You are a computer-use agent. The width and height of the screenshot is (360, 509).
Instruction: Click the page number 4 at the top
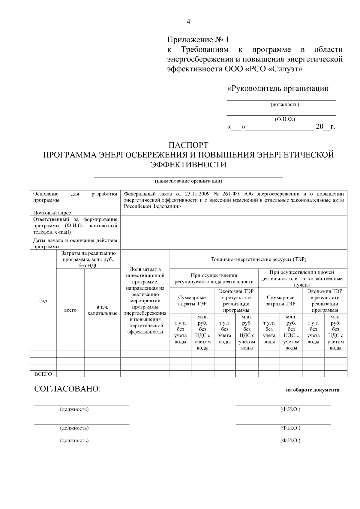tap(188, 22)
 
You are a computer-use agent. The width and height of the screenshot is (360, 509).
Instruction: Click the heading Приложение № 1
tap(198, 40)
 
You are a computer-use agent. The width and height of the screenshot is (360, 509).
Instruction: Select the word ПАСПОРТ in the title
tap(188, 145)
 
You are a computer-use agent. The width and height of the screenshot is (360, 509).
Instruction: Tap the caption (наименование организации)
tap(188, 181)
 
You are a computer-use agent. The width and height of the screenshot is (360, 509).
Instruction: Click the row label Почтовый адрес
tap(52, 213)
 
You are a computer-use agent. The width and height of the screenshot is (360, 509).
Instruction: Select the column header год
tap(43, 301)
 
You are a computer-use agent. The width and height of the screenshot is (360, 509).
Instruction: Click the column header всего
tap(70, 310)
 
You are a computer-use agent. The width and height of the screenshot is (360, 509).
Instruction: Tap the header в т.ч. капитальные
tap(102, 310)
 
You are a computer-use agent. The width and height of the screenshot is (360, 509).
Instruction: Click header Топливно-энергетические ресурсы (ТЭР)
tap(258, 259)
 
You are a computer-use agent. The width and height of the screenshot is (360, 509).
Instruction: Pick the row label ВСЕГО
tap(43, 374)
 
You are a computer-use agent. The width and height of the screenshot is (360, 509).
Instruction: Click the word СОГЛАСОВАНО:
tap(67, 389)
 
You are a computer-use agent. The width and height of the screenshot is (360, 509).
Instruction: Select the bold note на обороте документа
tap(313, 390)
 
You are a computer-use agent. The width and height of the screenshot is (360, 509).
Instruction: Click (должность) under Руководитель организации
tap(285, 105)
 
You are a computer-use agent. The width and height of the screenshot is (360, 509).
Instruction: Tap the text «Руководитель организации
tap(278, 88)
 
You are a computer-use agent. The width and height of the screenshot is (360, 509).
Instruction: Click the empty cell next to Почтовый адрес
tap(234, 213)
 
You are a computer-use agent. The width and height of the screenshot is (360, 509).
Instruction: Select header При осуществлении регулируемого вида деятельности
tap(214, 278)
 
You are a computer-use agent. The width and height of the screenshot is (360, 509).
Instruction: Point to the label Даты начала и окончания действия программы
tap(75, 243)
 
